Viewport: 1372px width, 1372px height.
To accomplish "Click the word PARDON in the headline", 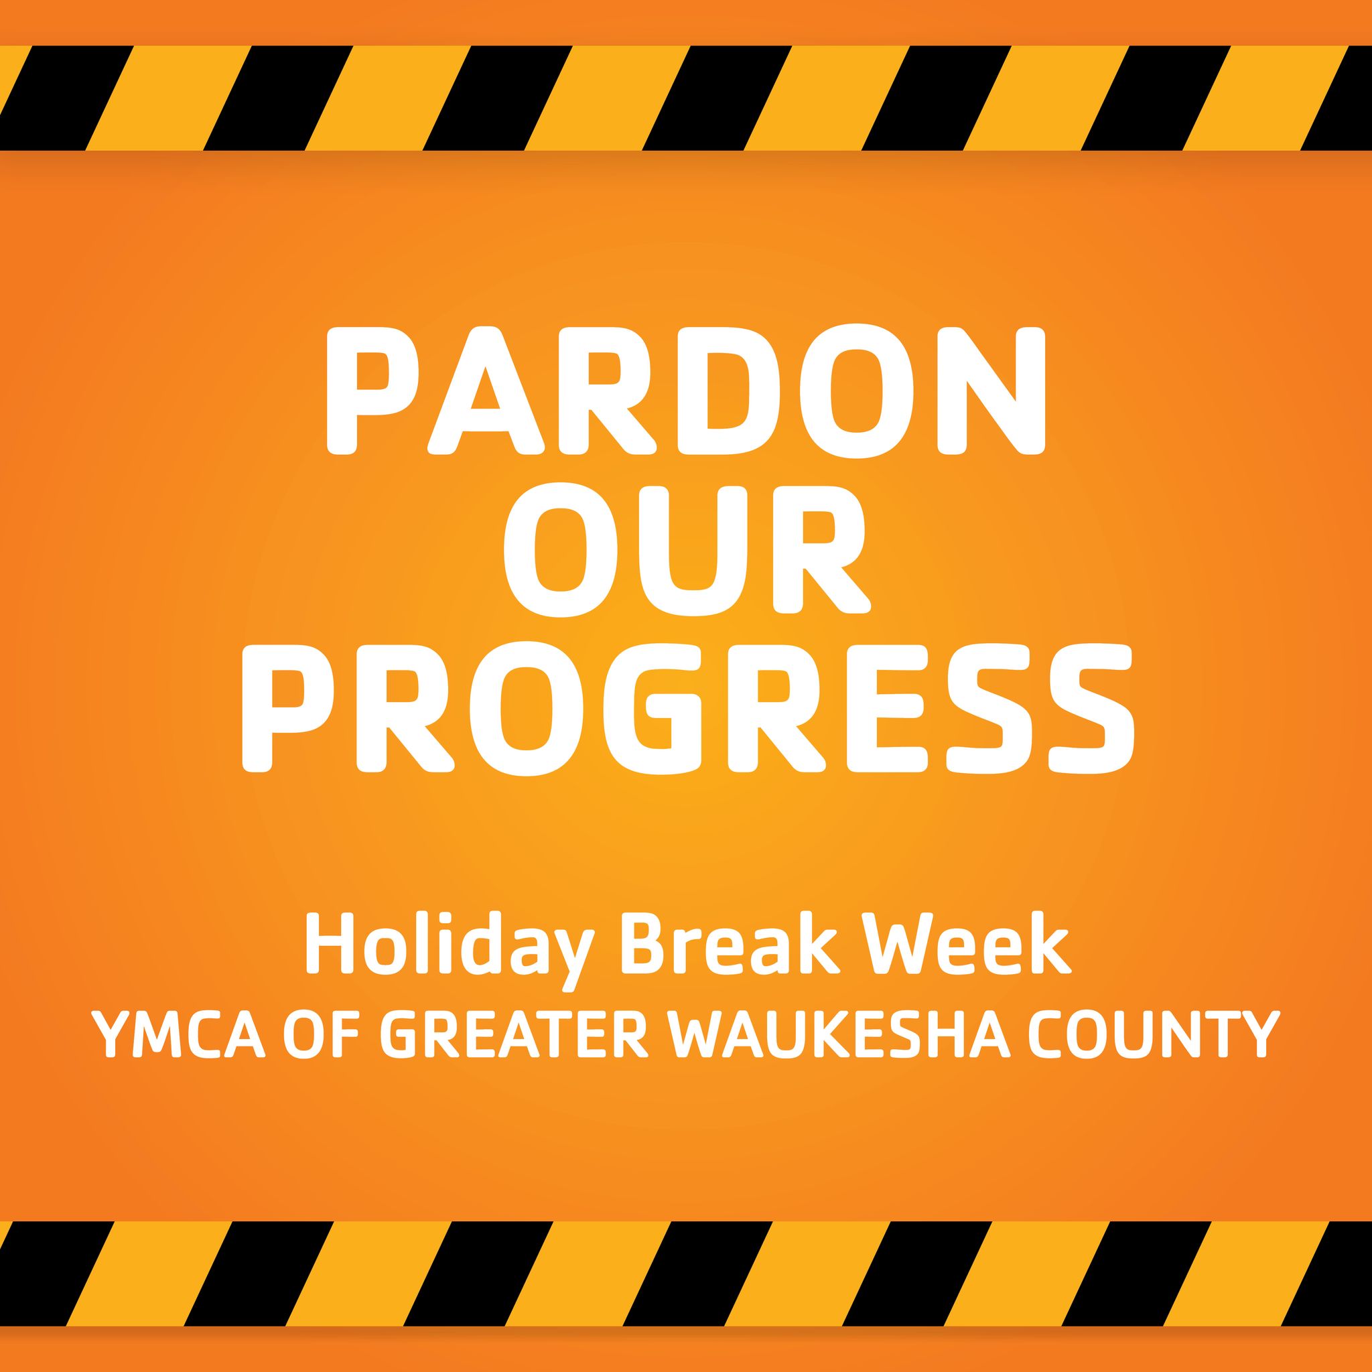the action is pos(686,391).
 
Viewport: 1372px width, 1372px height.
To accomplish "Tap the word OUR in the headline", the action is pos(687,549).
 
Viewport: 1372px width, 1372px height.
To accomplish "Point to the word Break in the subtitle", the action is pos(732,943).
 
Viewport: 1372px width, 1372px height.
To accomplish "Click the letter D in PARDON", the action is pos(729,391).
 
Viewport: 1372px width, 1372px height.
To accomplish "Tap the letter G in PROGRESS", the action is pos(652,707).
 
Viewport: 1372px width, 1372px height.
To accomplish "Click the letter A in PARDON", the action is pos(486,391).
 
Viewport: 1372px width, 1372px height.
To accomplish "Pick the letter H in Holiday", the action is pos(330,943).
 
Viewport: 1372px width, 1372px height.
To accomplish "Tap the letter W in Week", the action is pos(892,943).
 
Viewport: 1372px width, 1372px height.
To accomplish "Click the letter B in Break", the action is pos(645,943).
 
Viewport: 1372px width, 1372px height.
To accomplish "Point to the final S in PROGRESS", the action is pos(1091,707).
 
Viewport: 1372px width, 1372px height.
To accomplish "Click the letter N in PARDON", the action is pos(992,391).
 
